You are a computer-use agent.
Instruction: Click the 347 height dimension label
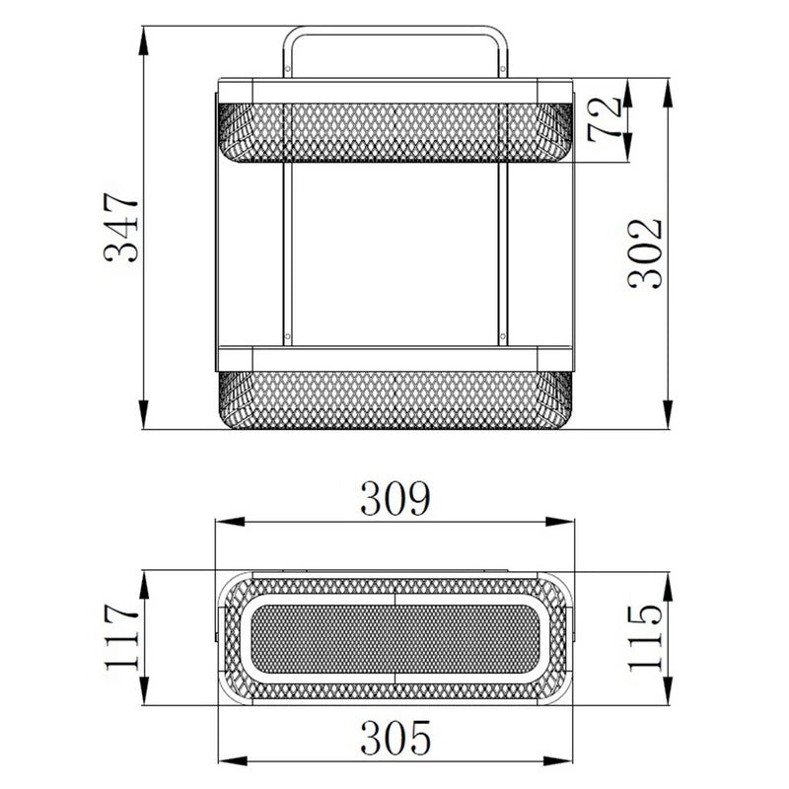120,228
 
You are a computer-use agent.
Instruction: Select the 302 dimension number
646,253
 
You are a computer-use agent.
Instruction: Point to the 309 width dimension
395,498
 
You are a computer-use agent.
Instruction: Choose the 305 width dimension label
395,737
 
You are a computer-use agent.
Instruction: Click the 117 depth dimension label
120,636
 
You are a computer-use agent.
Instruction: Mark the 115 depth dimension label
646,637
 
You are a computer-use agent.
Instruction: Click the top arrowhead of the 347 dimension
144,40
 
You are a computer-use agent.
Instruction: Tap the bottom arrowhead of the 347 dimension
144,414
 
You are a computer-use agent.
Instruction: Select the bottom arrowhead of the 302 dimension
668,414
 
